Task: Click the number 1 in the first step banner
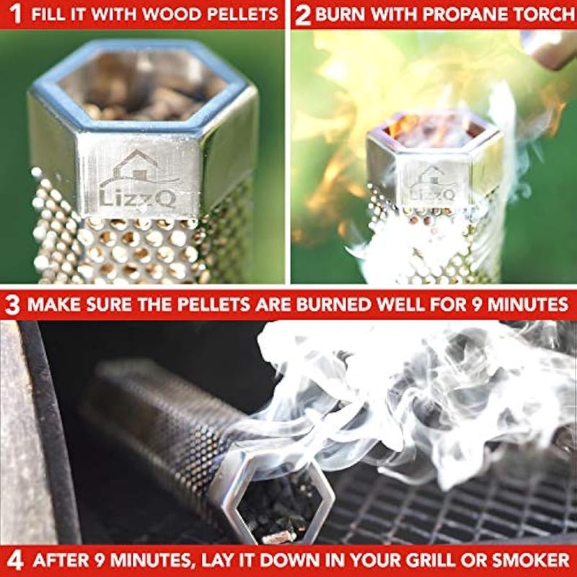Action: point(14,13)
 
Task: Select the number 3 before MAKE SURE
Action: point(12,304)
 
